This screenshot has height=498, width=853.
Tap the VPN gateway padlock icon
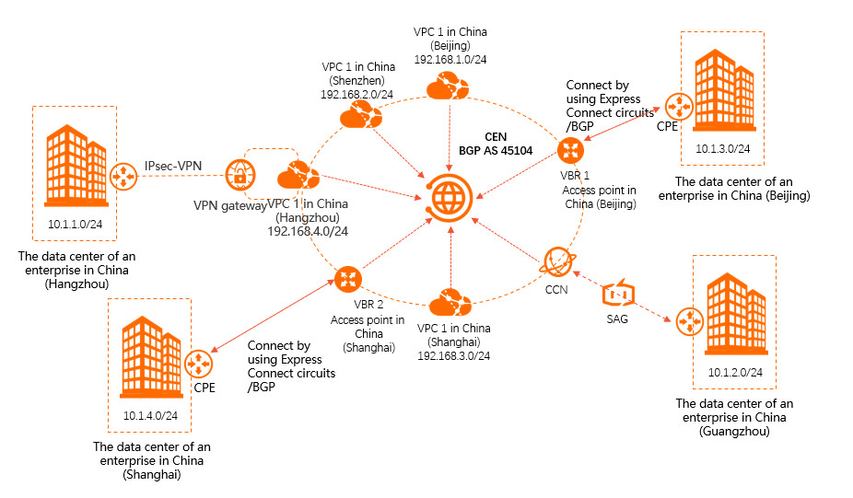coord(240,174)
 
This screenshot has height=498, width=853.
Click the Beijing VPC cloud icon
coord(448,87)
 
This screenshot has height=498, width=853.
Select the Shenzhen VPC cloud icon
coord(359,117)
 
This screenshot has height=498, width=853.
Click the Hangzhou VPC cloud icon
coord(298,174)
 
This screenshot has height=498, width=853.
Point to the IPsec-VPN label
coord(173,166)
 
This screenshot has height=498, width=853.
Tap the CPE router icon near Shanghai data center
coord(198,363)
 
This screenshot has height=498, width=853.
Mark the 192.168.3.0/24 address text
coord(452,355)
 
